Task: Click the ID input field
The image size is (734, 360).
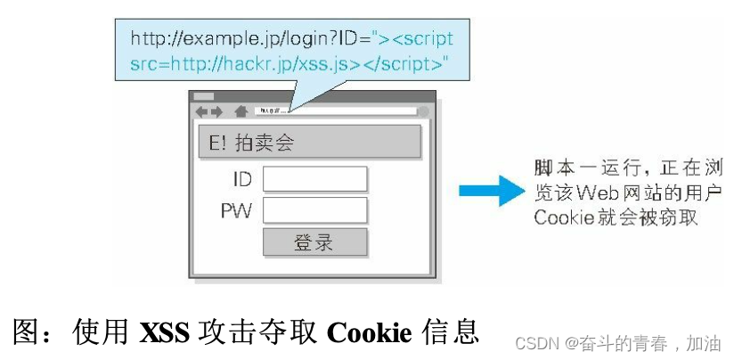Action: pos(315,179)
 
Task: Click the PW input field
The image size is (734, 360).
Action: pos(315,210)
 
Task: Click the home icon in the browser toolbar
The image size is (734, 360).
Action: pos(241,111)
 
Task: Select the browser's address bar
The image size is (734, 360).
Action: pos(335,111)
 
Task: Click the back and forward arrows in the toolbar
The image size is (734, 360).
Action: pos(209,111)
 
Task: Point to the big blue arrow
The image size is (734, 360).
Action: pos(491,191)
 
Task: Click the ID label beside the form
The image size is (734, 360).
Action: pos(242,179)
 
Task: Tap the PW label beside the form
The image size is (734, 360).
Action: pos(236,211)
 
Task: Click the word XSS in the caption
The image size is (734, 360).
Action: pos(167,332)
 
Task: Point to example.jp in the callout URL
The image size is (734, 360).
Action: pos(223,40)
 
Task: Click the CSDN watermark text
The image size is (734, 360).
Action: pos(535,342)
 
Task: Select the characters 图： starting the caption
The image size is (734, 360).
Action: pos(33,332)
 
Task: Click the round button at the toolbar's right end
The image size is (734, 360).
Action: pos(423,111)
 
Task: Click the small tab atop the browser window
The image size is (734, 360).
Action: pos(204,95)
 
